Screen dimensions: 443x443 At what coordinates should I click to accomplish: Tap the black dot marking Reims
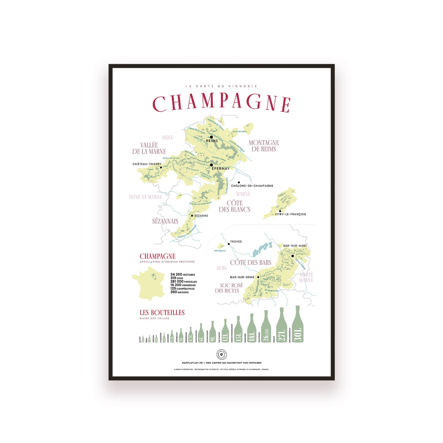point(211,137)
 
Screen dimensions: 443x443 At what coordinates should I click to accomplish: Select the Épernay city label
point(220,169)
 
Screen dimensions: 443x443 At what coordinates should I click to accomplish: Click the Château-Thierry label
point(147,164)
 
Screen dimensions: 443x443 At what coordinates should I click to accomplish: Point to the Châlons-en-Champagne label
point(252,186)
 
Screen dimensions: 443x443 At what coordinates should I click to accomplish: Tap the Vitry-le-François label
point(290,214)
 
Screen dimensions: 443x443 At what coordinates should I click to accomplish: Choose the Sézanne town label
point(201,216)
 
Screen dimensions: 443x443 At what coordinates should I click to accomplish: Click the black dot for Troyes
point(229,244)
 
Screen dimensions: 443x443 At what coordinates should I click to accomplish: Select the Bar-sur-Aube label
point(295,246)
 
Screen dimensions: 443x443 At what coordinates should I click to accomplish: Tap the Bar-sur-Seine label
point(242,277)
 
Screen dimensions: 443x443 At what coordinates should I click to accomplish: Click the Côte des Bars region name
point(251,263)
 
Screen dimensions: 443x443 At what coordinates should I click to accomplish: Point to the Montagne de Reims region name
point(264,146)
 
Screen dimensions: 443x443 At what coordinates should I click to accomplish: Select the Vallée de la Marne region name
point(149,148)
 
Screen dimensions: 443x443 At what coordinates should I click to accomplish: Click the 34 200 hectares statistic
point(182,275)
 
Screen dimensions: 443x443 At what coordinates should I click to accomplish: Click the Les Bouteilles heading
point(162,313)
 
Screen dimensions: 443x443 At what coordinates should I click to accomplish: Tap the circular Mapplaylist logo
point(221,354)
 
